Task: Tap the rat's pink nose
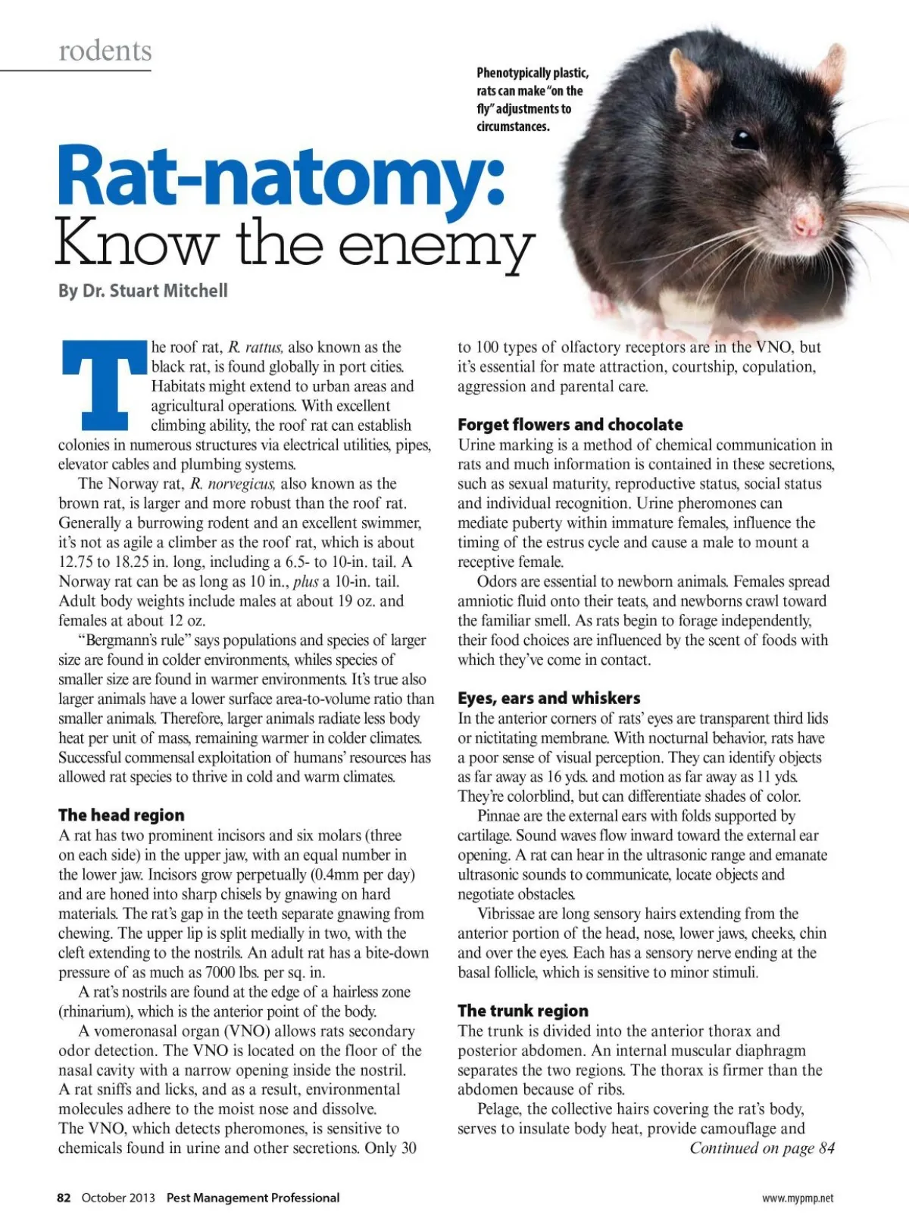pyautogui.click(x=805, y=220)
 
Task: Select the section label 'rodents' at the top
pyautogui.click(x=105, y=51)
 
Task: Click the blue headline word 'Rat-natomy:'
pyautogui.click(x=281, y=176)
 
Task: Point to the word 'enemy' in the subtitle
pyautogui.click(x=436, y=245)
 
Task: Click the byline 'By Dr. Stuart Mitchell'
pyautogui.click(x=143, y=291)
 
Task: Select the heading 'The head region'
pyautogui.click(x=121, y=815)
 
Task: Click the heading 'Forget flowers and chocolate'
pyautogui.click(x=570, y=425)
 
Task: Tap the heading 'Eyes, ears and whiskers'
pyautogui.click(x=548, y=698)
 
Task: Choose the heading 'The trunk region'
pyautogui.click(x=523, y=1011)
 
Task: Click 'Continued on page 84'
pyautogui.click(x=761, y=1148)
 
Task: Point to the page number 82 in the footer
pyautogui.click(x=64, y=1198)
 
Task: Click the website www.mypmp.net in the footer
pyautogui.click(x=798, y=1198)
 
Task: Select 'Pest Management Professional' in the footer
pyautogui.click(x=253, y=1198)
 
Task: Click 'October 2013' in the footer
pyautogui.click(x=118, y=1198)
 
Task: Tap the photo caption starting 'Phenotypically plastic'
pyautogui.click(x=532, y=99)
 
